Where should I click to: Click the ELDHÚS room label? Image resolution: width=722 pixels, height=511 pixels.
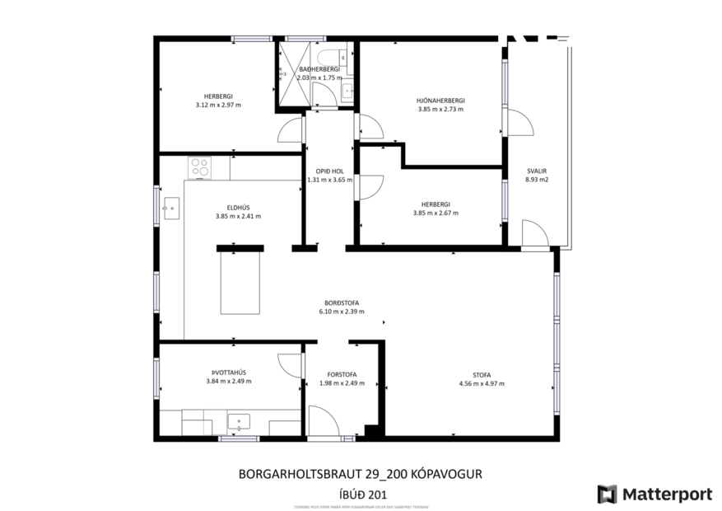click(238, 208)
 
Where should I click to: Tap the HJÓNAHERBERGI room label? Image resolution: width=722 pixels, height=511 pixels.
click(440, 101)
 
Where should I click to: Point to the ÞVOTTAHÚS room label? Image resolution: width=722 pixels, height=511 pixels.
click(229, 372)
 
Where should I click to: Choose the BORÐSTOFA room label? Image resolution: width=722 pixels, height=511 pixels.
click(341, 302)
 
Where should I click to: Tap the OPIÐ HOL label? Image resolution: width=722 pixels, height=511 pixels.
click(328, 171)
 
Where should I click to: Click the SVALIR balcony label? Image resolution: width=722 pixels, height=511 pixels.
click(537, 171)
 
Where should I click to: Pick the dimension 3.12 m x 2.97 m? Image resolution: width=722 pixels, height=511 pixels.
click(215, 105)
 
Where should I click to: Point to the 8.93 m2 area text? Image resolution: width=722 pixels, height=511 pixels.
click(537, 180)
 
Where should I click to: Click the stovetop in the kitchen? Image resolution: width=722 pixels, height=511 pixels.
click(200, 167)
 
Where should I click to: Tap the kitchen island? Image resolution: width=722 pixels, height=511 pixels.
click(240, 283)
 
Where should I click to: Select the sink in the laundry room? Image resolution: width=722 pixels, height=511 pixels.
click(239, 422)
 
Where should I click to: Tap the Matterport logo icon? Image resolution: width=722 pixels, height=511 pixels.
click(607, 494)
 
